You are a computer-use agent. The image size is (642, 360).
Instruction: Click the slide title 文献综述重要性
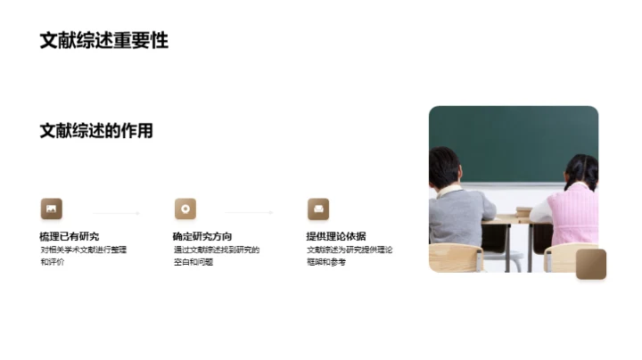(x=103, y=41)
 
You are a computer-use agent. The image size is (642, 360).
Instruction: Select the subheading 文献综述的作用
(x=96, y=131)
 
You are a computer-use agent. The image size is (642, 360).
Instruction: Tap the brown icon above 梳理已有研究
(x=51, y=209)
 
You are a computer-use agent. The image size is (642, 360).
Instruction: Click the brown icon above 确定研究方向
(x=185, y=209)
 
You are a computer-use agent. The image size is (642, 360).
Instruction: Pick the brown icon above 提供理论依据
(x=318, y=209)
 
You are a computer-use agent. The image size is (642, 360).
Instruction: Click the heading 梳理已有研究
(x=70, y=236)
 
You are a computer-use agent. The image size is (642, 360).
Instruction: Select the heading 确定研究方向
(x=202, y=236)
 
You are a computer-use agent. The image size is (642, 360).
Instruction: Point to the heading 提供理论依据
(x=336, y=236)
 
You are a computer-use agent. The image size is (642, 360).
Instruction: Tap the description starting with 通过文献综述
(x=217, y=256)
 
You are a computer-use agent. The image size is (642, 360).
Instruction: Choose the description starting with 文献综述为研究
(x=350, y=256)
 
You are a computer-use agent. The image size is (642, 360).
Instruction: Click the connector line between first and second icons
(x=117, y=213)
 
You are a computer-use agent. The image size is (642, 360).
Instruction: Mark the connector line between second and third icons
(x=251, y=213)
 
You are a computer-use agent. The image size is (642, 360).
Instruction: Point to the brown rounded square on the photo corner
(x=590, y=264)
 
